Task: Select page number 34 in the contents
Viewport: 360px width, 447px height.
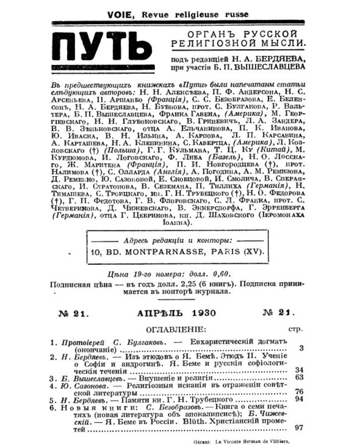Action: tap(298, 370)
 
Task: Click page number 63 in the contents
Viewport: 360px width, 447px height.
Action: tap(298, 378)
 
